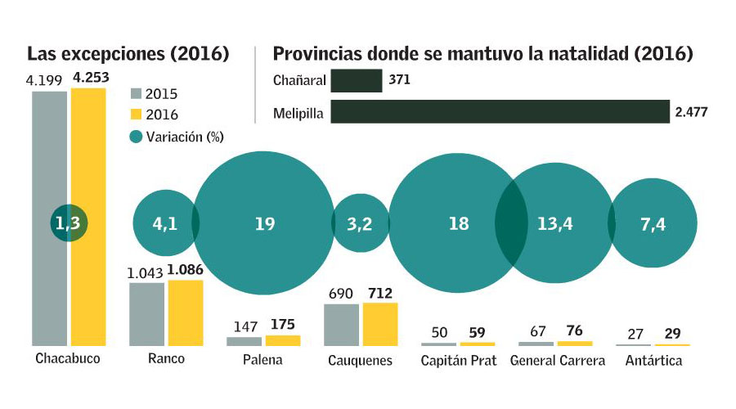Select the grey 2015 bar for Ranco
coord(147,314)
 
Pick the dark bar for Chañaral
coord(357,81)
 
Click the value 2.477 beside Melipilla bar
coord(693,113)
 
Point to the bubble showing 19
coord(264,223)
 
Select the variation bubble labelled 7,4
coord(654,223)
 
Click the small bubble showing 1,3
coord(71,223)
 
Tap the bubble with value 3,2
coord(360,223)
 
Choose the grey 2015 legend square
coord(137,93)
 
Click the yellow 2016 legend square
coord(137,115)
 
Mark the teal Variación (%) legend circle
coord(137,137)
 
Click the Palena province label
coord(263,360)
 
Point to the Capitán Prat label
coord(458,360)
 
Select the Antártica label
coord(653,360)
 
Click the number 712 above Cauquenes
coord(380,294)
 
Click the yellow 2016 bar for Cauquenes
coord(380,325)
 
